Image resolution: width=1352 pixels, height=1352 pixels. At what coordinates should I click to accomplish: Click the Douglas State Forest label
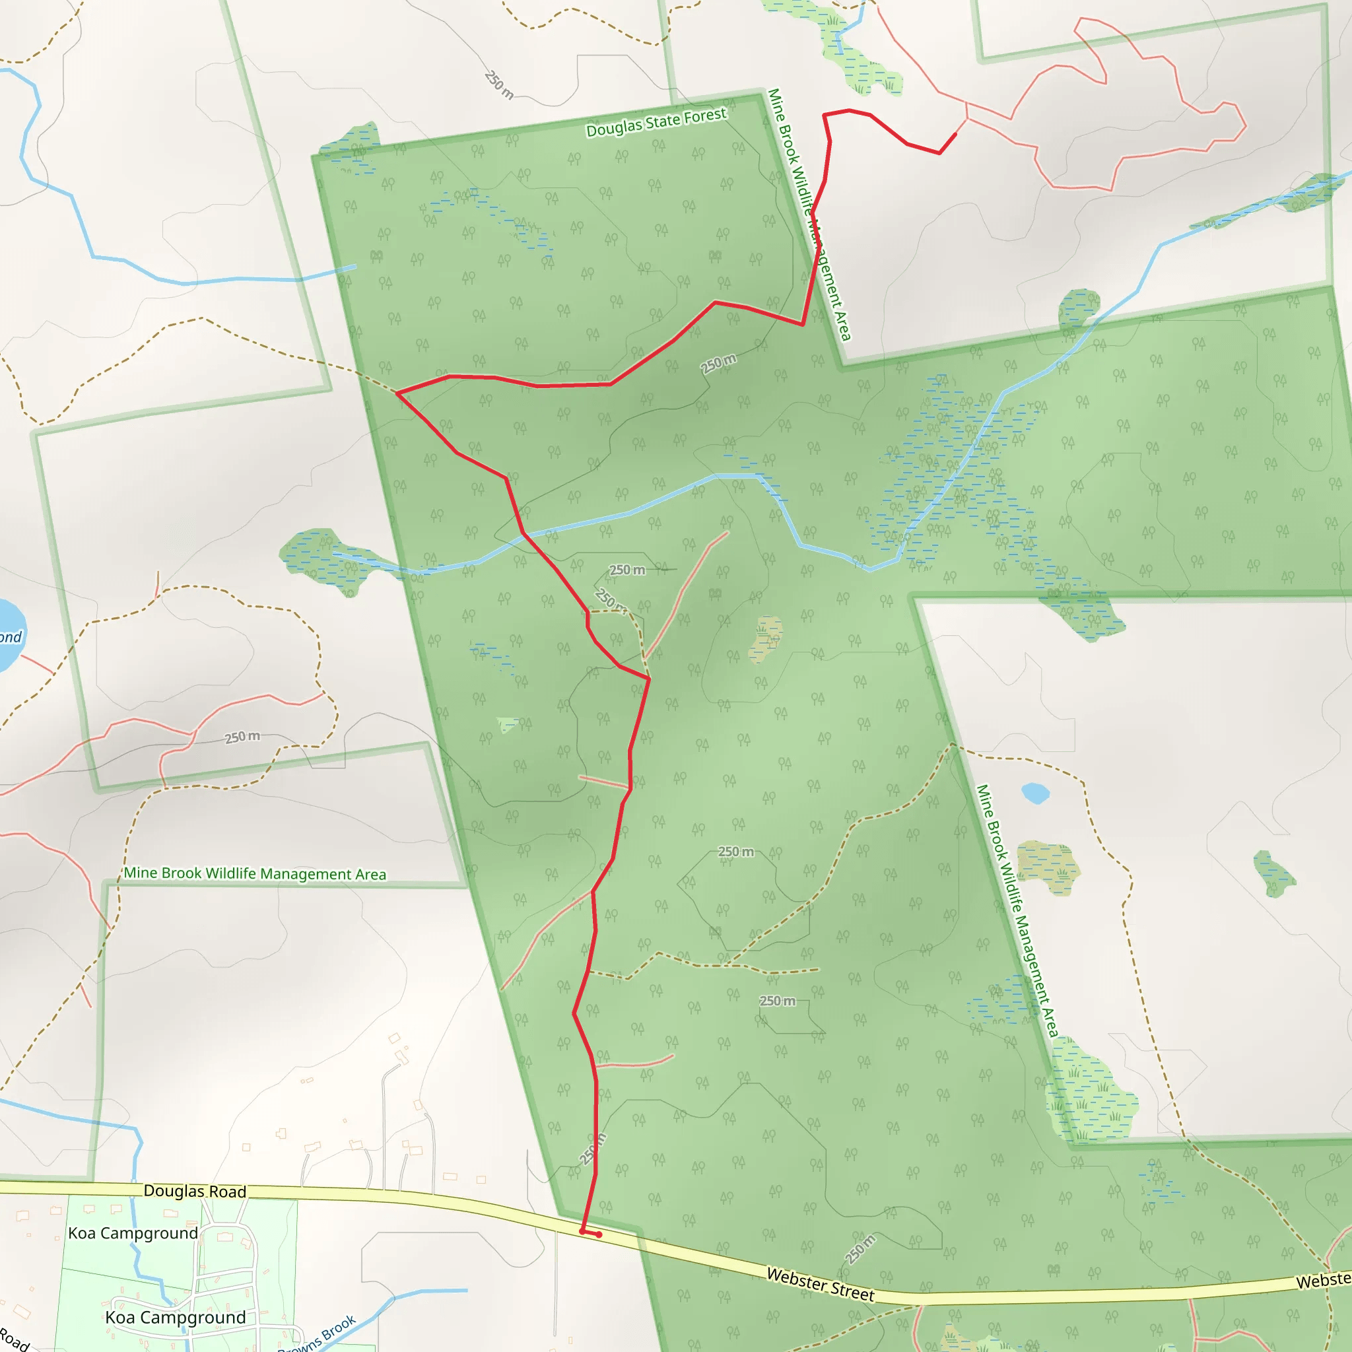[656, 123]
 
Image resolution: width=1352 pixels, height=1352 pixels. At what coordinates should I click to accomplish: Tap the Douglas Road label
[195, 1191]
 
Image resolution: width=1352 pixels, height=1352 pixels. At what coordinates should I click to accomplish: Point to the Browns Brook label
[319, 1334]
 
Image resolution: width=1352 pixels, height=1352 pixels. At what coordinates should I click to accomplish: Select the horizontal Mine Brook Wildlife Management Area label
[255, 873]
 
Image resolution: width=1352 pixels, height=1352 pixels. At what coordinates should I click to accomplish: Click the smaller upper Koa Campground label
[133, 1233]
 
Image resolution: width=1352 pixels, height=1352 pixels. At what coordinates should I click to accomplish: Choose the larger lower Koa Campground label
[175, 1318]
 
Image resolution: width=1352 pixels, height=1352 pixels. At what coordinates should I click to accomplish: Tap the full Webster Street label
[820, 1284]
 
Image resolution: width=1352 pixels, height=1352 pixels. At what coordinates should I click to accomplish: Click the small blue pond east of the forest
[1035, 793]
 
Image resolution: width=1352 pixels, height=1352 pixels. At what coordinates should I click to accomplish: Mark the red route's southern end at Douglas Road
[582, 1231]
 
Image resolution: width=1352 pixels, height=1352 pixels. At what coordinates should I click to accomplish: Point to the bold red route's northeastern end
[956, 133]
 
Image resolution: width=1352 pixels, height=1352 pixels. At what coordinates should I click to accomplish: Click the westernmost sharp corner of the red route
[397, 393]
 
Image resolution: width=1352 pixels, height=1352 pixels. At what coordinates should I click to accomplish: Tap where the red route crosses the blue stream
[524, 534]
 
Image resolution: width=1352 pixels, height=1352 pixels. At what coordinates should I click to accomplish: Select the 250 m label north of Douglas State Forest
[499, 84]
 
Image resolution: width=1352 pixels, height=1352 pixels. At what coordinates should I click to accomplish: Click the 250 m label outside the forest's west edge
[242, 737]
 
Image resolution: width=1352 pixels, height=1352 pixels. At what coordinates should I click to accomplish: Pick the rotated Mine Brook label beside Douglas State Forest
[809, 214]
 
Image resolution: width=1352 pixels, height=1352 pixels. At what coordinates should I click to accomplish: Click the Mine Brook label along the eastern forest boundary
[1017, 910]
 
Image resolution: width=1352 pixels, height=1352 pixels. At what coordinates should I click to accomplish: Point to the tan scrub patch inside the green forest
[766, 638]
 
